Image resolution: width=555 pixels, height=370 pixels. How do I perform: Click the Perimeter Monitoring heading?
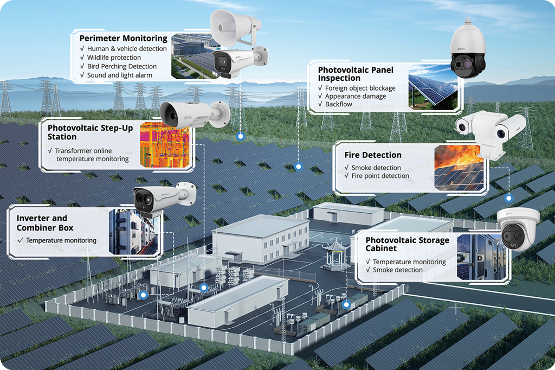pos(123,39)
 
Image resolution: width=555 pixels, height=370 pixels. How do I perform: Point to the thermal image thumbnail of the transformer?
pos(165,142)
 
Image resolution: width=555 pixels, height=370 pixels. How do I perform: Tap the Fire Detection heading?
pos(373,155)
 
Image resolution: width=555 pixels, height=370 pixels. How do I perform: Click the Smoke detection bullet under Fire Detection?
pos(376,168)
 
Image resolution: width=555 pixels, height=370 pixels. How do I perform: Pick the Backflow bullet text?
pos(337,104)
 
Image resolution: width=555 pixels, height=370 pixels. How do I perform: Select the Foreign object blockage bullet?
pos(360,88)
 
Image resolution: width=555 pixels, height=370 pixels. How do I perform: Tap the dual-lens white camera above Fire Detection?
pos(490,130)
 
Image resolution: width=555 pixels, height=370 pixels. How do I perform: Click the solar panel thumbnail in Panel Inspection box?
pos(433,87)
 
